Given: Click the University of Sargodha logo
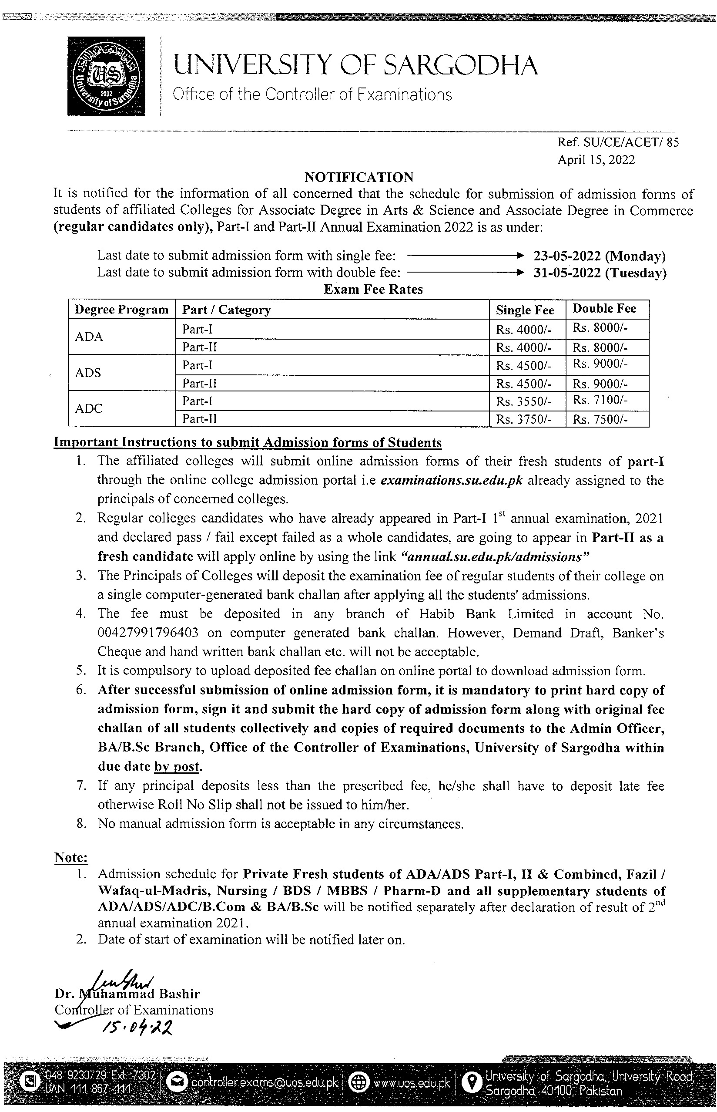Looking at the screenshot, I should coord(106,76).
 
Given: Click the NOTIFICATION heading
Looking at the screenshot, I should coord(358,177).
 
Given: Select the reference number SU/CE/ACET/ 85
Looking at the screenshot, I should coord(618,142).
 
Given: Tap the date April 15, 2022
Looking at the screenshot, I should coord(596,160).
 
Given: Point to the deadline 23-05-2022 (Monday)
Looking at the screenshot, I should coord(600,256).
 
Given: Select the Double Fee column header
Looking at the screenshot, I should coord(604,308).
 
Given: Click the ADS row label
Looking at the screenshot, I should coord(88,373).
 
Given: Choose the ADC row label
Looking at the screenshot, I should coord(88,408).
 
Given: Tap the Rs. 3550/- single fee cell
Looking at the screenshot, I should coord(524,401).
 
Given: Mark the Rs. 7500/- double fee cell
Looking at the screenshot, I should coord(600,420).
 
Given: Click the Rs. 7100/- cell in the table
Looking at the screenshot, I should coord(600,400).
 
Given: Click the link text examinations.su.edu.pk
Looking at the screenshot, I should coord(451,480).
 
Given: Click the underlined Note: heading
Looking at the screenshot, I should coord(71,858).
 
